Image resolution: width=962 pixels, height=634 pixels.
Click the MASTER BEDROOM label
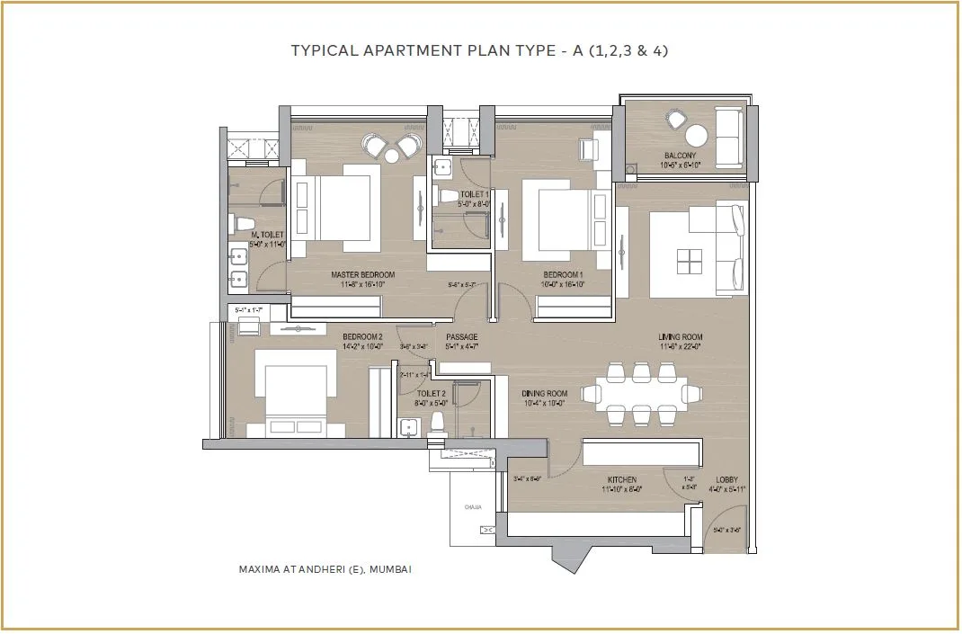[362, 275]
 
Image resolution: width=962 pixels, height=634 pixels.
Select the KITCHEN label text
[621, 480]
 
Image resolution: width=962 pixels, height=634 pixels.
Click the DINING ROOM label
[545, 394]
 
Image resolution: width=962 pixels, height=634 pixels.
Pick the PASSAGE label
[462, 337]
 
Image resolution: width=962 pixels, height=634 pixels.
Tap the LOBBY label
[727, 480]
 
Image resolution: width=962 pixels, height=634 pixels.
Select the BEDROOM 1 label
[564, 275]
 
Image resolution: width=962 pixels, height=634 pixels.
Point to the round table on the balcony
[696, 136]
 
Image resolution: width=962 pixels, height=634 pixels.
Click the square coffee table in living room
[690, 261]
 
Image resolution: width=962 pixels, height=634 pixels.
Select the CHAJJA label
[473, 508]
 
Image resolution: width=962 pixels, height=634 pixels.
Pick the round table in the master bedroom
[392, 156]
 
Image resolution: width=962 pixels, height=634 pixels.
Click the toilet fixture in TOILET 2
[438, 421]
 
